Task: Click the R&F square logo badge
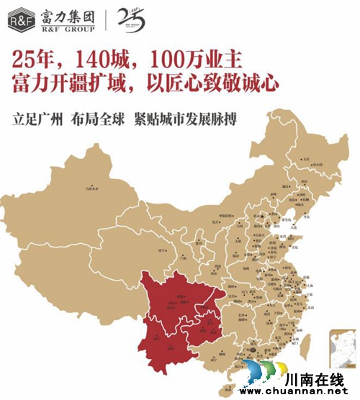[21, 19]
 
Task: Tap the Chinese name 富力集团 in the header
[68, 14]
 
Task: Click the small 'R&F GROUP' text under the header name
[68, 28]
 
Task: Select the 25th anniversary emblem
[130, 19]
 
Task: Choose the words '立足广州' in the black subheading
[39, 117]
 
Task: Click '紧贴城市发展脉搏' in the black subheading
[186, 117]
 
